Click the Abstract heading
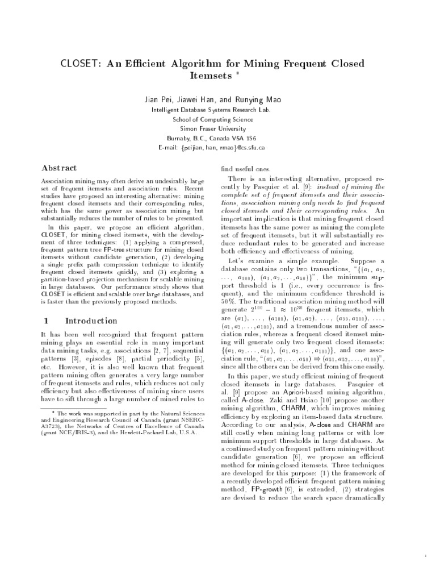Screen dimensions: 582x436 (60, 168)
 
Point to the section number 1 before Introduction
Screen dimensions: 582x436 (46, 321)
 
